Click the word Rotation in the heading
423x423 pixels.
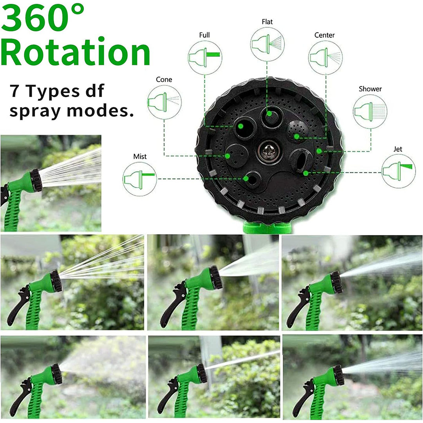tap(76, 51)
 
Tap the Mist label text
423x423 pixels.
tap(140, 156)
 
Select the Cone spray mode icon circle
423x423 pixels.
tap(164, 102)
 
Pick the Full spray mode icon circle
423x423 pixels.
tap(205, 58)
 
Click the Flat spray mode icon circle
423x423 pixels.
tap(268, 44)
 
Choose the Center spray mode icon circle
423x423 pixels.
tap(325, 58)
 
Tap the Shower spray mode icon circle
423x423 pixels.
tap(370, 111)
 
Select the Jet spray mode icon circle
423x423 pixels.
tap(399, 171)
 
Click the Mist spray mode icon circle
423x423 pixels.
tap(140, 179)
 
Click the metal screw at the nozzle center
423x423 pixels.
tap(268, 152)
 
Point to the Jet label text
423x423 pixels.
tap(398, 149)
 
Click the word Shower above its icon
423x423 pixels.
tap(370, 89)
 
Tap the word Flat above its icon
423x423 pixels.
tap(267, 22)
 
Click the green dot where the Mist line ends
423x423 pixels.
tap(246, 179)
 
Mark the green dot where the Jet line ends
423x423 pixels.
tap(305, 173)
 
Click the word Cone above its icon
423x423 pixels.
tap(164, 80)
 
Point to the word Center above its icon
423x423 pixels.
tap(325, 35)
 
